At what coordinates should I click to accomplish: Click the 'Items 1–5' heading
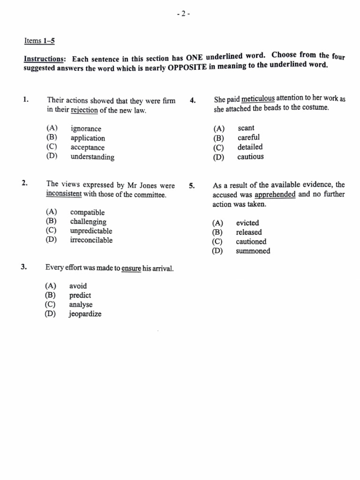39,41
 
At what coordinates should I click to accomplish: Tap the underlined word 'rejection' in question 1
84,111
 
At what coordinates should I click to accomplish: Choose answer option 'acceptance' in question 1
88,148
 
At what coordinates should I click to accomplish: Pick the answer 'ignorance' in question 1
86,128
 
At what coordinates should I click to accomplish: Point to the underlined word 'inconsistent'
64,195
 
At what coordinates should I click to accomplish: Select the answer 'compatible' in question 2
87,213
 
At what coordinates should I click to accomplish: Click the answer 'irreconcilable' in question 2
91,240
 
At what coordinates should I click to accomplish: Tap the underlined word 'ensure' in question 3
131,269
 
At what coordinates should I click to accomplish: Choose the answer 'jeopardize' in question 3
85,314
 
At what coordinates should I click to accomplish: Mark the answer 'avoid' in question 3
78,286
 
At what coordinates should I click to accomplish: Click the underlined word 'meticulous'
258,99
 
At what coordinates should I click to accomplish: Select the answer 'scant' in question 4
246,128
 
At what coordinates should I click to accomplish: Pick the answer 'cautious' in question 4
250,157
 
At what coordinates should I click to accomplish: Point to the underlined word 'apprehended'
275,195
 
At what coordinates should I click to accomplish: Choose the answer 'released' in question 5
249,232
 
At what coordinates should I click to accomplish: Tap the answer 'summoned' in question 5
253,251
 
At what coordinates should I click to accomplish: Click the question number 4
192,100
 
